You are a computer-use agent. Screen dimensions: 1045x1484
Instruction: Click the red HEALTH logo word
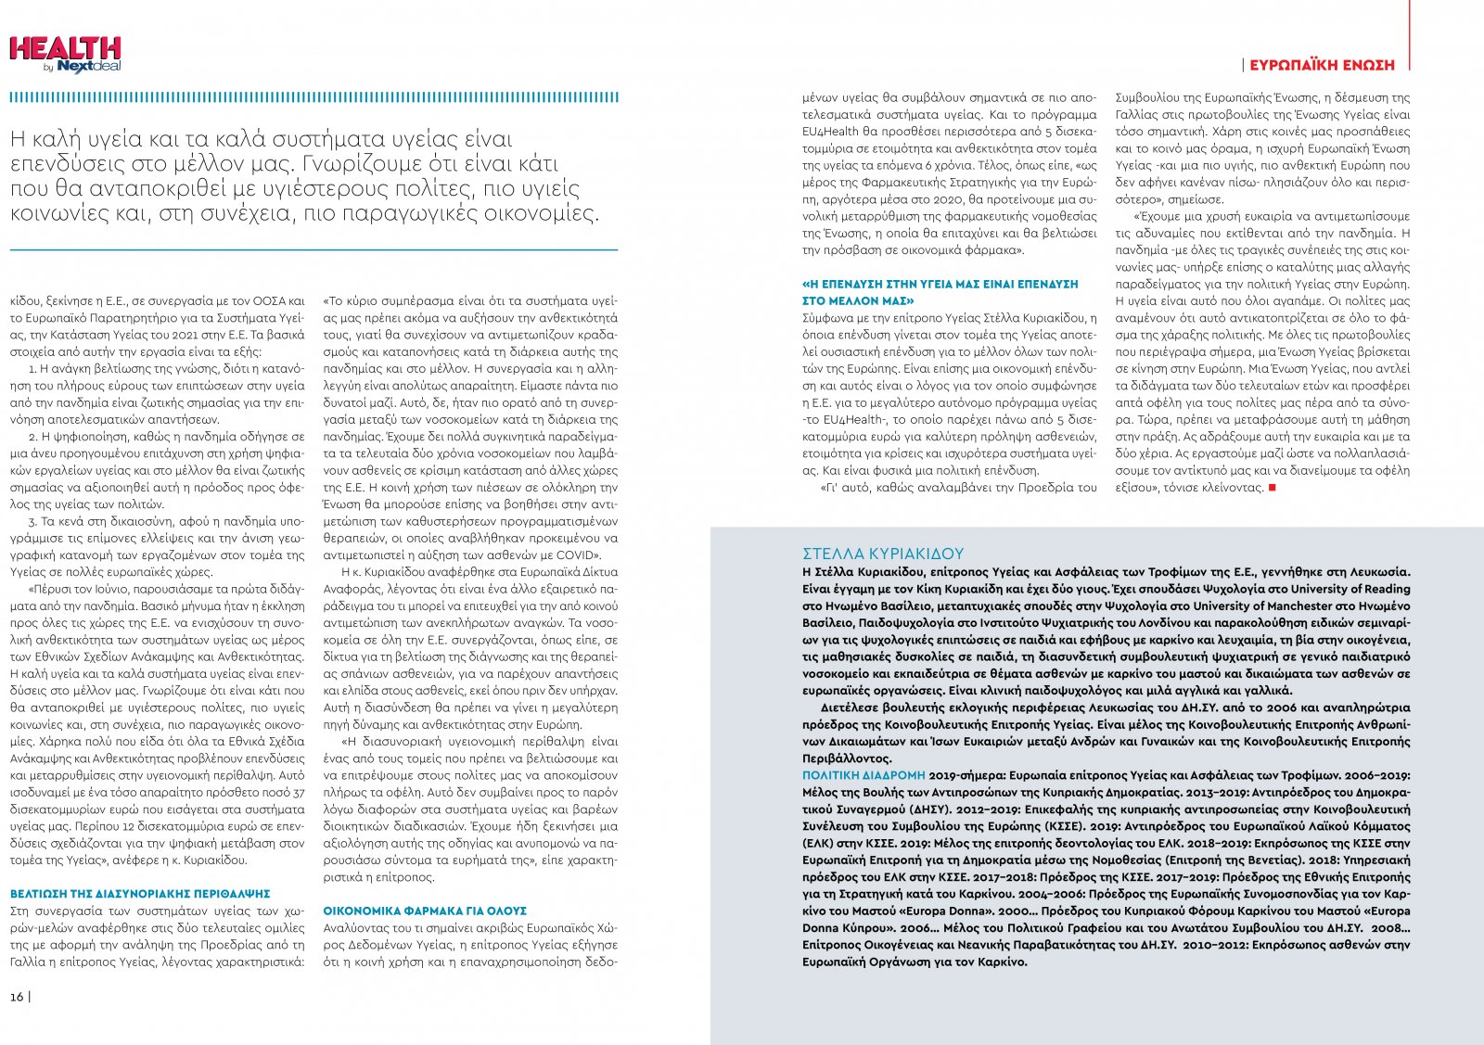65,48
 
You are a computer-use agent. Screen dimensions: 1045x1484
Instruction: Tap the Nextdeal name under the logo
89,67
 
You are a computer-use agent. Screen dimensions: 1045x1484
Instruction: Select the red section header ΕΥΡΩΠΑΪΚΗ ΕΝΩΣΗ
1322,66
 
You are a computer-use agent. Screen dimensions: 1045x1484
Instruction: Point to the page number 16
17,997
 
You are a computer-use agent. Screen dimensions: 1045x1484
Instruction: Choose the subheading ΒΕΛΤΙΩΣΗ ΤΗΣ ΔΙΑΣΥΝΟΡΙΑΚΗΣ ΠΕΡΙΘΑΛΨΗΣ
140,894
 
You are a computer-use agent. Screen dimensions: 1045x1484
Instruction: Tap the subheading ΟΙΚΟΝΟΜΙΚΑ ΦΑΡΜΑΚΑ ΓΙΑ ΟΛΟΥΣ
425,911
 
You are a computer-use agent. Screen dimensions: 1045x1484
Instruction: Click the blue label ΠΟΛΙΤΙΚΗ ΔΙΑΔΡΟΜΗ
864,775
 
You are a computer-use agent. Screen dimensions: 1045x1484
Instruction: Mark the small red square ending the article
1273,488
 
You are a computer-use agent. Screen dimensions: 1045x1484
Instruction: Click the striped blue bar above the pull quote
313,97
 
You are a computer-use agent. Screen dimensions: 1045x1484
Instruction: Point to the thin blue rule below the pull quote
313,249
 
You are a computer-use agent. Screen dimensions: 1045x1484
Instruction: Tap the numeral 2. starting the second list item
33,436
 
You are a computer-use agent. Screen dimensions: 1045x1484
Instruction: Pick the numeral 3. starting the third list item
33,521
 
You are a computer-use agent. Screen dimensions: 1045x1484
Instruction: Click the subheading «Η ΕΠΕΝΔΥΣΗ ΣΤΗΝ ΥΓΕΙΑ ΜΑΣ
940,285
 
